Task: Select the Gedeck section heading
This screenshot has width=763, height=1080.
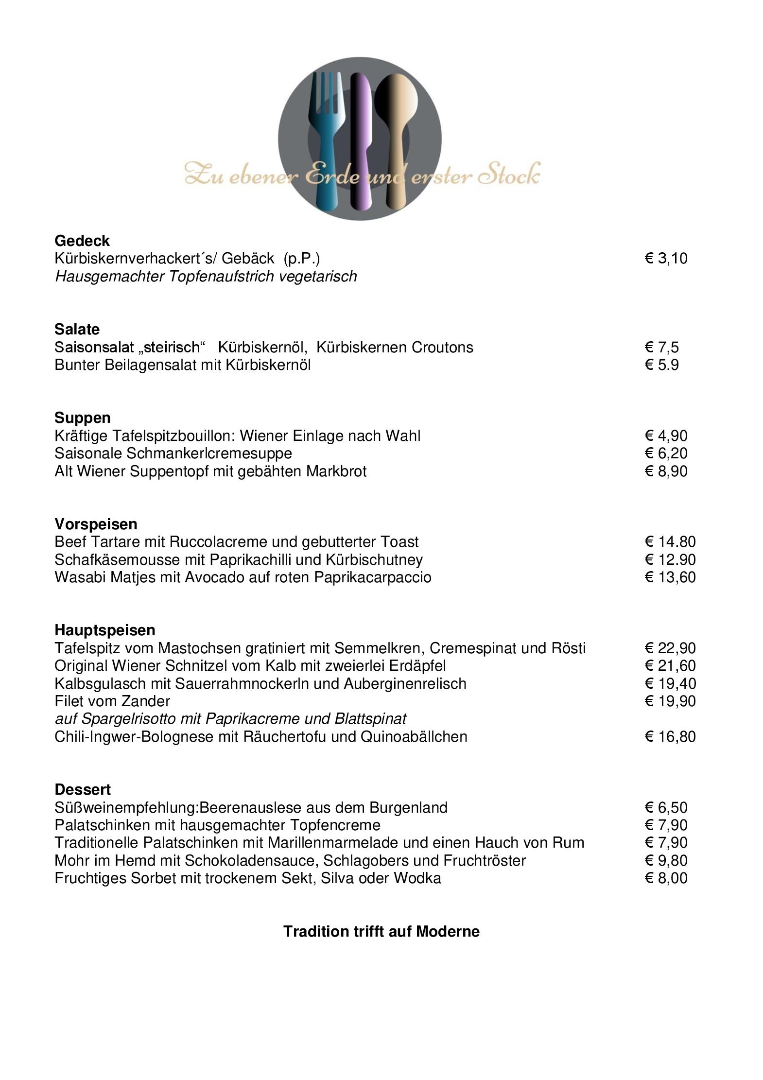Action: [x=82, y=241]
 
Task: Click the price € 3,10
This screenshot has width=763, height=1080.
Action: [x=666, y=259]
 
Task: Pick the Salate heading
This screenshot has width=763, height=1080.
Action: [x=77, y=330]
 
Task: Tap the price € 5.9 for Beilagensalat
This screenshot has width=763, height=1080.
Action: [x=661, y=365]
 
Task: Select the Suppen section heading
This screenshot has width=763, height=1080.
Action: [x=83, y=418]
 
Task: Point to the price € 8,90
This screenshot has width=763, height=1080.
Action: [x=666, y=471]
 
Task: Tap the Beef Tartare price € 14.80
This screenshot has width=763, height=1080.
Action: [x=670, y=542]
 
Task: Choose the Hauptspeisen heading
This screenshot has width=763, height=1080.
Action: [x=105, y=630]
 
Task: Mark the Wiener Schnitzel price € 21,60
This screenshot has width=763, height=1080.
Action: [x=670, y=666]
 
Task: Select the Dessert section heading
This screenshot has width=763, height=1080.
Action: [x=83, y=789]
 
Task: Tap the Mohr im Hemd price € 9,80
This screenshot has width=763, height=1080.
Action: [x=666, y=861]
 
